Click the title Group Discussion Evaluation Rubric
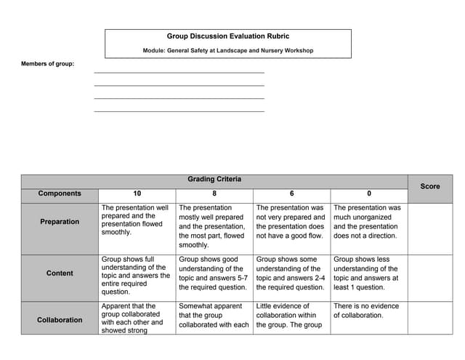click(x=227, y=36)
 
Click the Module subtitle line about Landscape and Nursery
click(x=227, y=50)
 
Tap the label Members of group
click(x=47, y=64)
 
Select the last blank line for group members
click(x=179, y=110)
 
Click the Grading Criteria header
click(x=214, y=180)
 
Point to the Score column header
click(x=430, y=186)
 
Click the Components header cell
click(x=60, y=193)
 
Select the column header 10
click(x=137, y=193)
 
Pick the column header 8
click(x=214, y=193)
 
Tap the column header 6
click(x=291, y=193)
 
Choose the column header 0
click(x=368, y=193)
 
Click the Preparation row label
click(x=60, y=222)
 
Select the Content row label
click(x=60, y=273)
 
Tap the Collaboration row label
click(x=60, y=320)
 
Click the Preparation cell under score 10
click(x=136, y=220)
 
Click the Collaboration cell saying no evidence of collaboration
click(x=367, y=311)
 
